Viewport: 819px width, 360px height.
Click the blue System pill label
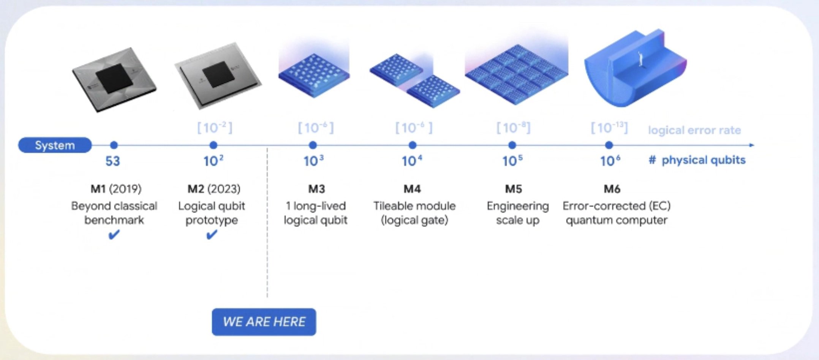click(55, 145)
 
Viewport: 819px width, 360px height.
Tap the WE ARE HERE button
click(264, 322)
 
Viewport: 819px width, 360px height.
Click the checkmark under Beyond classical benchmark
click(114, 235)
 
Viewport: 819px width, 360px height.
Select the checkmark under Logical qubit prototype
click(212, 235)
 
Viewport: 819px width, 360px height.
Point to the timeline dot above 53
click(114, 145)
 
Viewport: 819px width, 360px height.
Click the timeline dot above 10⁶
click(609, 145)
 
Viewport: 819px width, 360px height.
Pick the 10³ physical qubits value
click(313, 161)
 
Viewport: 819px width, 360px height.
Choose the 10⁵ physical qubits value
click(512, 161)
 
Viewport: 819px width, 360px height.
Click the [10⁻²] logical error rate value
click(215, 128)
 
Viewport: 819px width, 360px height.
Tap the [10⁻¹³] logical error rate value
click(609, 128)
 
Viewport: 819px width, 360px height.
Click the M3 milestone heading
click(316, 189)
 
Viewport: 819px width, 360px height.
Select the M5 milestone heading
click(514, 189)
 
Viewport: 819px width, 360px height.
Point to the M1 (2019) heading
click(116, 189)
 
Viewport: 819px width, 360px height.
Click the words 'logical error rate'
click(694, 130)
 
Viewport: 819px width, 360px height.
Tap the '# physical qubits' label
click(697, 160)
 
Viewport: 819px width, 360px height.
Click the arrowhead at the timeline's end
click(752, 145)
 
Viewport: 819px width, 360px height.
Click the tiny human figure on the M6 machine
click(640, 58)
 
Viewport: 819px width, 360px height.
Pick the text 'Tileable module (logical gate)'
click(414, 213)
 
